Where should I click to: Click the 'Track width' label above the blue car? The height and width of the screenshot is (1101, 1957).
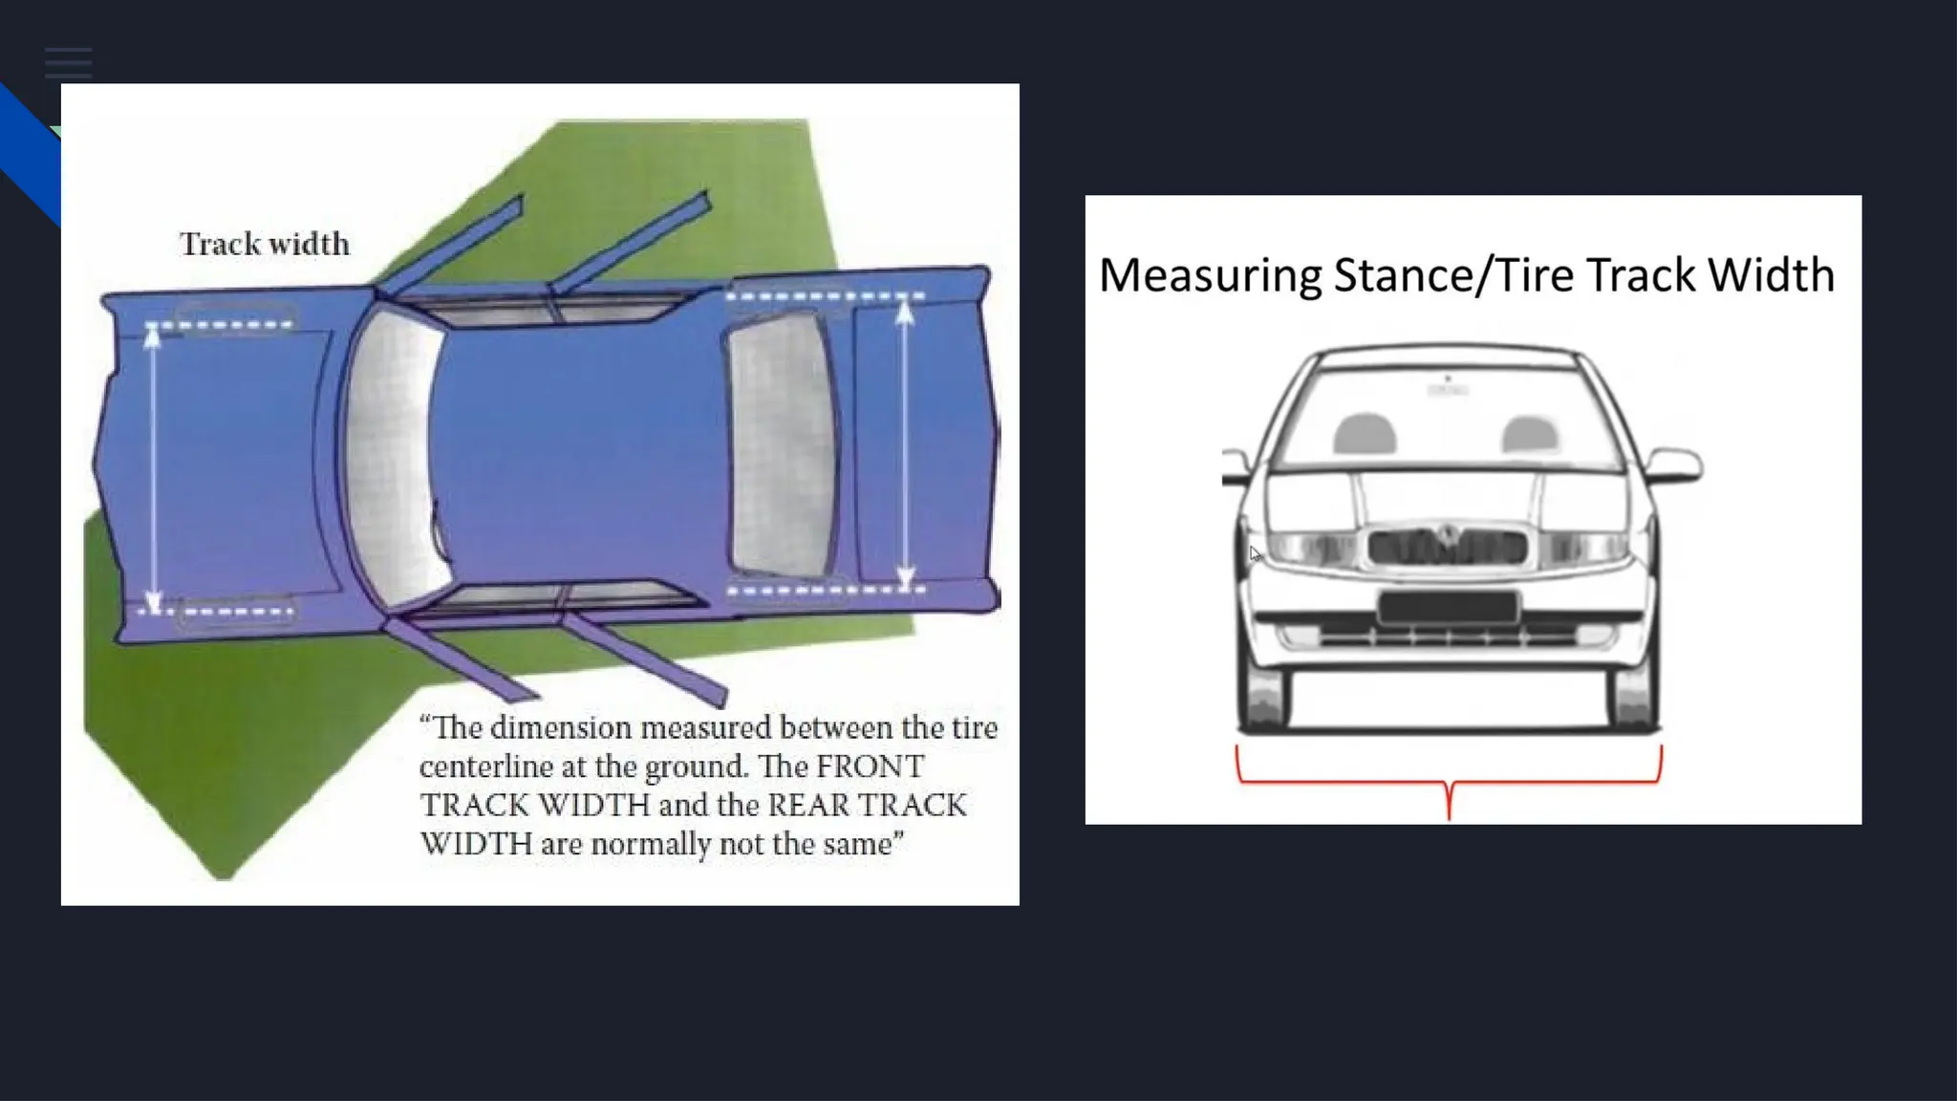(x=265, y=244)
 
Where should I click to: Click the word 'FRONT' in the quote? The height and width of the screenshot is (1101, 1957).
(x=870, y=766)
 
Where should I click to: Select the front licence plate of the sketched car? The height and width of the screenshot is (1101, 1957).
(x=1448, y=606)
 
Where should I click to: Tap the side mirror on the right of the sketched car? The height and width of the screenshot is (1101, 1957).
(x=1674, y=465)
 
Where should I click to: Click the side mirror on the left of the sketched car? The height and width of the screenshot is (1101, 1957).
(x=1236, y=466)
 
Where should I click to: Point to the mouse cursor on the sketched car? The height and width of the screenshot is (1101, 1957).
(x=1255, y=553)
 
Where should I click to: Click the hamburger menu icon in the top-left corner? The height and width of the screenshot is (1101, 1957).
(x=68, y=63)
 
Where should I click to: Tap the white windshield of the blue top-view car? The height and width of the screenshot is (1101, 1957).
(x=394, y=459)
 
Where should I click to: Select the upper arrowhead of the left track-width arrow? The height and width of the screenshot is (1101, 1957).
(x=152, y=335)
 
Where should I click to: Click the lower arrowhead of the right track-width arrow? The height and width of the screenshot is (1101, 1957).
(x=905, y=576)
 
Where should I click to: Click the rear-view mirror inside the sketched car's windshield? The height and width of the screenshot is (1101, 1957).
(x=1448, y=388)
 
